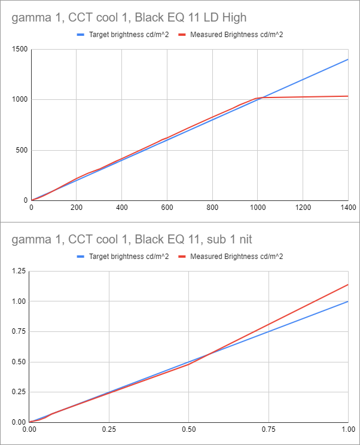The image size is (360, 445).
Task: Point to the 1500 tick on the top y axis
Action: click(x=18, y=49)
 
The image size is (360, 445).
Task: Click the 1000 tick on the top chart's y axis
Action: click(x=18, y=99)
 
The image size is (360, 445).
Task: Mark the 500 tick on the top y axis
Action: click(x=20, y=150)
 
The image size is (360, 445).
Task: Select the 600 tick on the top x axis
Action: click(x=167, y=208)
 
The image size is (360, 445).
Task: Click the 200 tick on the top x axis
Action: click(x=77, y=208)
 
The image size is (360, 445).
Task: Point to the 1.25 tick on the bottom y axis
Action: click(x=19, y=272)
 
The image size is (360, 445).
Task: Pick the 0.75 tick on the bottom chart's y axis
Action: click(x=19, y=332)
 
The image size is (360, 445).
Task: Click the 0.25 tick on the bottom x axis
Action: click(x=109, y=429)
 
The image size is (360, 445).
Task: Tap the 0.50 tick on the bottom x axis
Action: click(x=188, y=429)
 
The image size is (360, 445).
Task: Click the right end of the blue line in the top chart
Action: click(x=347, y=59)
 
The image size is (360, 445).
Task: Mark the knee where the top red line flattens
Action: click(x=257, y=98)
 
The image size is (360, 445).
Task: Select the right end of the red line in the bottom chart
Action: click(x=347, y=285)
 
